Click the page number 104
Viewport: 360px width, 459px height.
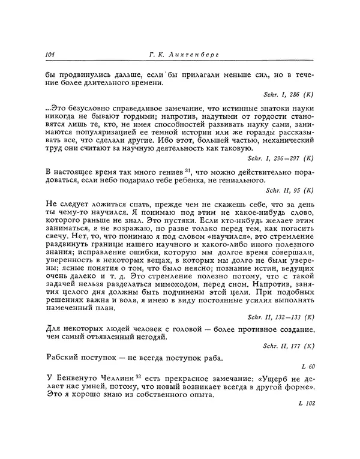(50, 55)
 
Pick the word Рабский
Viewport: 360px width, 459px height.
(62, 358)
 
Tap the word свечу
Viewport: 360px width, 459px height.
(57, 241)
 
